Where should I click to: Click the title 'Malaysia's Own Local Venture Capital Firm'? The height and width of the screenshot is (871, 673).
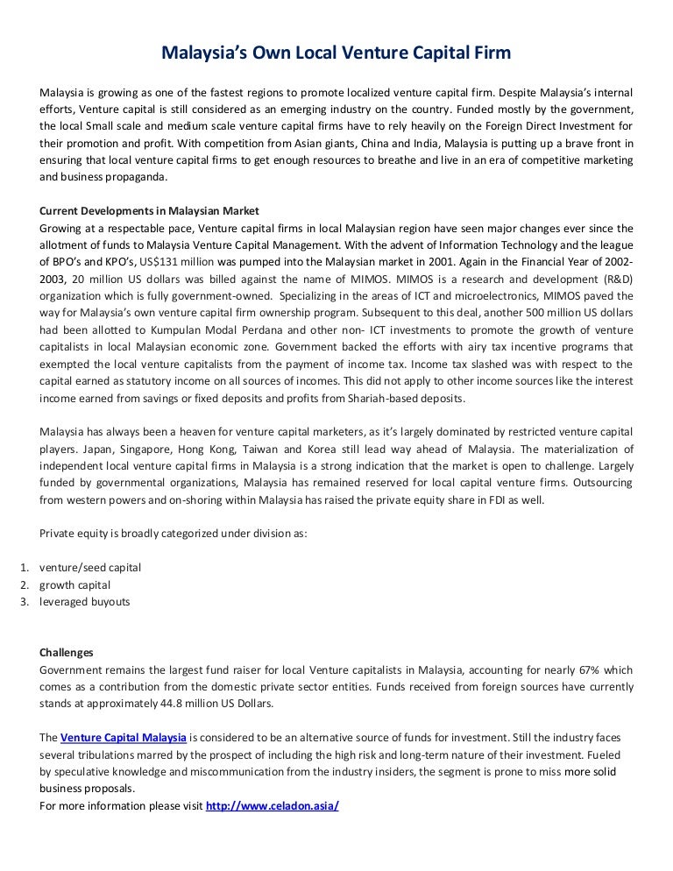point(336,54)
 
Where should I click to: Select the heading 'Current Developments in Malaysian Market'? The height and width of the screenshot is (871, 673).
point(149,211)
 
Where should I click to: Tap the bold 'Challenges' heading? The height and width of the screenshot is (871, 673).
point(67,652)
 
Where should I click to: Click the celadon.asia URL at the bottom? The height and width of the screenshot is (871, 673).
point(272,805)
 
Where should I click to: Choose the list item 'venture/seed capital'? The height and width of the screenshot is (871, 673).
point(90,567)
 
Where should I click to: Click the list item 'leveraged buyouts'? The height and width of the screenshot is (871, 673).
point(84,601)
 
